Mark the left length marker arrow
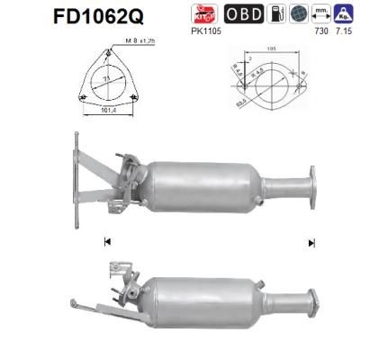click(x=107, y=241)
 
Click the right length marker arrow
click(x=312, y=241)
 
